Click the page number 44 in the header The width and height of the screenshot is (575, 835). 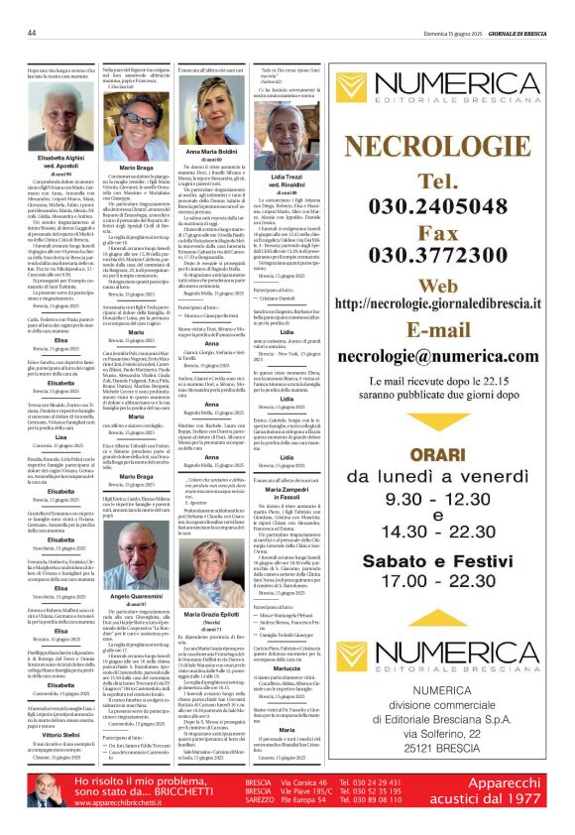(32, 32)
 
